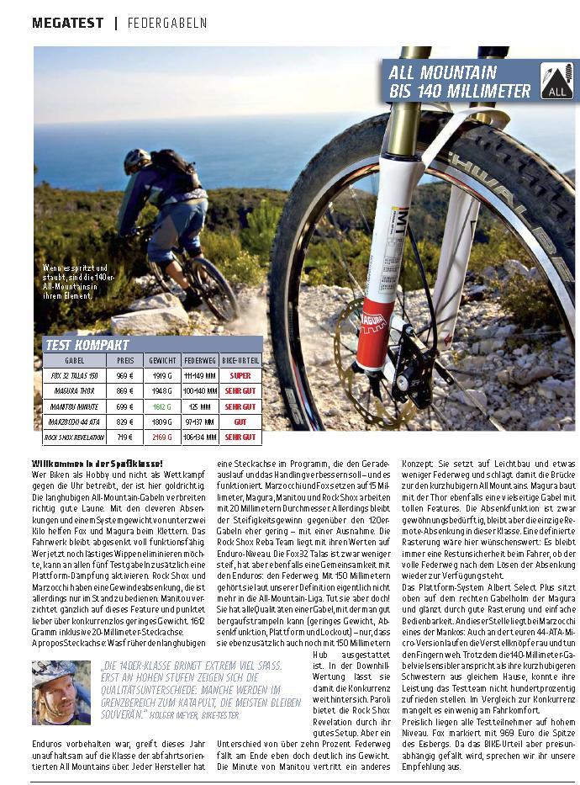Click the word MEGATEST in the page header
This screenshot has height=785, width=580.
click(68, 23)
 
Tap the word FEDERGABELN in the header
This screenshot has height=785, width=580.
click(166, 23)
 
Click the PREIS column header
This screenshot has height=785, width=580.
click(125, 360)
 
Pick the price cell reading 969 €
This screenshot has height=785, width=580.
click(125, 375)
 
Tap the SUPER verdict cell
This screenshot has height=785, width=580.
click(240, 375)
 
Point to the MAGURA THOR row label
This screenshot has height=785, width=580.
click(74, 391)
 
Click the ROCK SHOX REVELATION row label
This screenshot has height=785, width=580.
click(74, 438)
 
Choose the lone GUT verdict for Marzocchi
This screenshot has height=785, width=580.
click(240, 422)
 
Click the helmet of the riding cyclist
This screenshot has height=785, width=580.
click(137, 158)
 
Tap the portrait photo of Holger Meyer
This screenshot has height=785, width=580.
click(61, 692)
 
